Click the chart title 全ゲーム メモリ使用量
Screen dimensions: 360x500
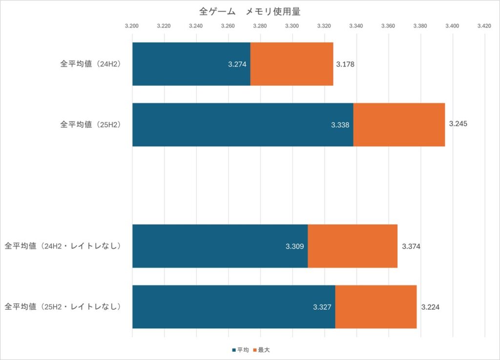point(250,11)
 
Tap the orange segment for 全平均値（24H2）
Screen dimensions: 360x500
point(292,64)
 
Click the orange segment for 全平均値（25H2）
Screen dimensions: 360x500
point(399,124)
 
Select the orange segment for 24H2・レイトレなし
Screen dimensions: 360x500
point(353,246)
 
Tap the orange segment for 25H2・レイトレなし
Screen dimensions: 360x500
point(376,307)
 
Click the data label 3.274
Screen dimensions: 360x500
point(237,64)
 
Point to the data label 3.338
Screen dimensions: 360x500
point(340,125)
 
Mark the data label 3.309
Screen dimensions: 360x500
point(295,246)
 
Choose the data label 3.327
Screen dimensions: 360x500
point(322,307)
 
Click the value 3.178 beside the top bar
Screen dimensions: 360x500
point(345,64)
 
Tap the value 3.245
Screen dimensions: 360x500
point(458,123)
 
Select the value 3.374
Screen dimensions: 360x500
point(411,246)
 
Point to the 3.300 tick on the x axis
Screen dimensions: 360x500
point(292,24)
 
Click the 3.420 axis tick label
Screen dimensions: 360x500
point(484,24)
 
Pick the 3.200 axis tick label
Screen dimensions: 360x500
point(132,24)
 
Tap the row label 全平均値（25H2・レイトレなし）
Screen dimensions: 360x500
point(62,307)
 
